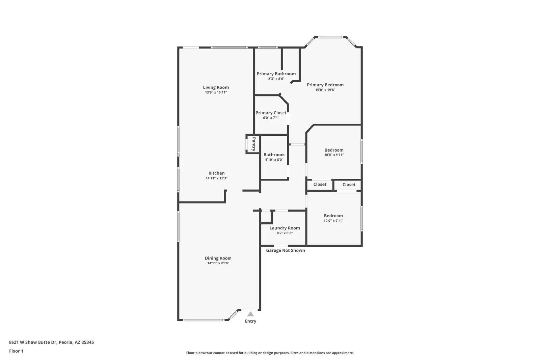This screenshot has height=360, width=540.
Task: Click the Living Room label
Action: [x=216, y=87]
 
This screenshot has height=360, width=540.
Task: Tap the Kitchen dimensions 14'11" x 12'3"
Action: [x=216, y=178]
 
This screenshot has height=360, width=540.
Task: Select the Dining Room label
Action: [x=218, y=258]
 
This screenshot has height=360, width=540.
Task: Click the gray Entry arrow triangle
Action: [x=250, y=314]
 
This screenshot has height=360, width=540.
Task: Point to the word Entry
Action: [x=250, y=321]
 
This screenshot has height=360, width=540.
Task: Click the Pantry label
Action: [x=254, y=144]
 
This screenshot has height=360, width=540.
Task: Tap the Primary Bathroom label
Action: [x=276, y=74]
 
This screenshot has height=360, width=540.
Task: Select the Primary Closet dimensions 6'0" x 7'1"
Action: [x=271, y=118]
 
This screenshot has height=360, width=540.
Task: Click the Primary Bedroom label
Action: [x=325, y=85]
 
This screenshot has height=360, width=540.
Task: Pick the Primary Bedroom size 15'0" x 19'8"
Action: [x=325, y=90]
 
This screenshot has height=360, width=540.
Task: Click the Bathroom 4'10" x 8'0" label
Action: [x=274, y=155]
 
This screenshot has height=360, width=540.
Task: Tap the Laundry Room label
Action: [x=285, y=228]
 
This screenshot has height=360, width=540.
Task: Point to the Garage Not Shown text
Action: [x=285, y=250]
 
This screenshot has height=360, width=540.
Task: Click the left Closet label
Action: [x=320, y=185]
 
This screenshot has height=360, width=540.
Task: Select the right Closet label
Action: [x=349, y=185]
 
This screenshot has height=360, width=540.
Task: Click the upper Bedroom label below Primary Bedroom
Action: [x=334, y=150]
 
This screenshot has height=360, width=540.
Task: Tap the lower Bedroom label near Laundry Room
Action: [x=333, y=216]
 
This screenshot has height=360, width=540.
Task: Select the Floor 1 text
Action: [x=16, y=351]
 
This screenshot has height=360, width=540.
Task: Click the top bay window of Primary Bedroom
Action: [x=331, y=37]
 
